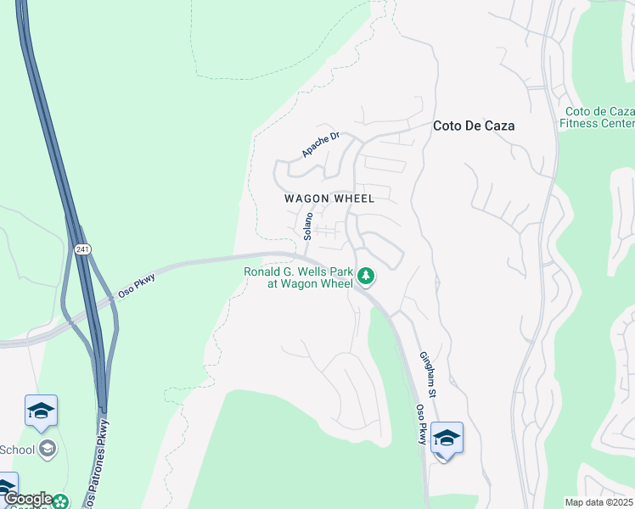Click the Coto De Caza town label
(474, 126)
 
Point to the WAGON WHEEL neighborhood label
(329, 199)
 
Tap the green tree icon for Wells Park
(366, 276)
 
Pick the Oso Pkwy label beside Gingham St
(419, 423)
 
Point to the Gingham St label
(427, 375)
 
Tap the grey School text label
(17, 449)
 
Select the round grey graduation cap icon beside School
(48, 449)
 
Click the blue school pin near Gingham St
(447, 438)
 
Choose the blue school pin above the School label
(41, 411)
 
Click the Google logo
(28, 500)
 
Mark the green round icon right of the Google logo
(60, 501)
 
